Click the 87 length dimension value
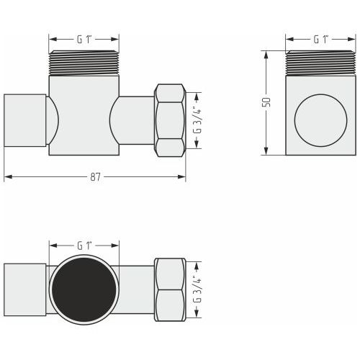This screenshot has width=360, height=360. click(95, 177)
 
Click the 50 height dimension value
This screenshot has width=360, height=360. click(266, 102)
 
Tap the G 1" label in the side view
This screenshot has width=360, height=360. click(321, 40)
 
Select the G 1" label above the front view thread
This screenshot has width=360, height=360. click(84, 40)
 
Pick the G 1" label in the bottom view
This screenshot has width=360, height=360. click(84, 246)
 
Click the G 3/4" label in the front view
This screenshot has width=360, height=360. click(197, 121)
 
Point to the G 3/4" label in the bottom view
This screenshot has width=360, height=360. click(197, 290)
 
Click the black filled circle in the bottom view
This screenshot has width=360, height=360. click(84, 289)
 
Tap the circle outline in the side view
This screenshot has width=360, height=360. click(320, 94)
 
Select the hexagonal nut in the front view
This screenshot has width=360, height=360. click(170, 120)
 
